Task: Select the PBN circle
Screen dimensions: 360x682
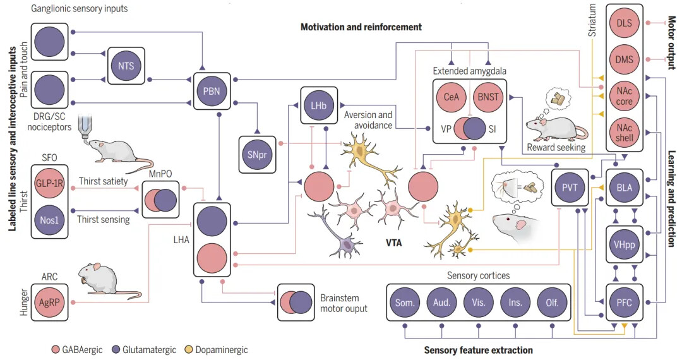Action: tap(212, 91)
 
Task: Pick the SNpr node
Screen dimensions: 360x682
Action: tap(257, 154)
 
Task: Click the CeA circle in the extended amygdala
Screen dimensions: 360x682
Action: tap(451, 98)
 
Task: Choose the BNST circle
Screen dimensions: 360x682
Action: tap(488, 98)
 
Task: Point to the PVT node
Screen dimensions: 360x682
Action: tap(570, 188)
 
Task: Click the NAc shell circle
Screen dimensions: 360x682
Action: tap(625, 131)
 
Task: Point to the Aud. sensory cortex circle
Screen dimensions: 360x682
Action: tap(441, 302)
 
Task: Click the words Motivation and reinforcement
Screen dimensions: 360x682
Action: tap(361, 27)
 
